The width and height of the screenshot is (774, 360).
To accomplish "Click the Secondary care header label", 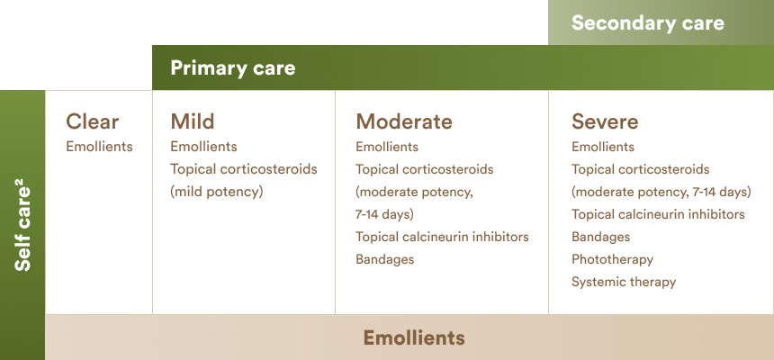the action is point(648,22).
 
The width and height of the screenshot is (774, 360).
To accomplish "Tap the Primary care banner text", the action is point(232,68).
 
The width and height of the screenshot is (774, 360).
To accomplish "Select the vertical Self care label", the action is point(22,228).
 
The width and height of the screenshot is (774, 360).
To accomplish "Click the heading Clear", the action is point(93,121).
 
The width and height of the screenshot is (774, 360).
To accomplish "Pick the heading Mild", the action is point(193,121).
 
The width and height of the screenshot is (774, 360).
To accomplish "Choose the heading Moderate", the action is point(404,121).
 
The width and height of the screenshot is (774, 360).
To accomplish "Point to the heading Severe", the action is point(605,121).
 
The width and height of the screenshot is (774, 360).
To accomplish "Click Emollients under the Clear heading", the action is point(99,147).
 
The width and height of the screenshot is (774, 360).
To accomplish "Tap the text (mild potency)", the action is point(217,192).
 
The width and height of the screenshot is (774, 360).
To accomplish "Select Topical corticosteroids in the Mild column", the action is point(244,169).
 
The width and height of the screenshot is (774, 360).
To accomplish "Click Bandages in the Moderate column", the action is point(384,259).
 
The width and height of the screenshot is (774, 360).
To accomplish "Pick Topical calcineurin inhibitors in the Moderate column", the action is point(442,237).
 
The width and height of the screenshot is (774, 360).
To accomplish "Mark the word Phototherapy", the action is point(612,260).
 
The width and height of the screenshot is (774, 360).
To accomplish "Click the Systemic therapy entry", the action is point(624,282).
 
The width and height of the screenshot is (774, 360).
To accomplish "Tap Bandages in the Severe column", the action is point(600,237).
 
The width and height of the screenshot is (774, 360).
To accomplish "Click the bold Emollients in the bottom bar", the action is point(414,337).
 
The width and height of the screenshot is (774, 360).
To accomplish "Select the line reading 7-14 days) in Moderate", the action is point(384,215).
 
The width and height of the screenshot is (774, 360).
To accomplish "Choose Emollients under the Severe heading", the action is point(603,147).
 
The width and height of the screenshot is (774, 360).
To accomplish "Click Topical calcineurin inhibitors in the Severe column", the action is point(658,214).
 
